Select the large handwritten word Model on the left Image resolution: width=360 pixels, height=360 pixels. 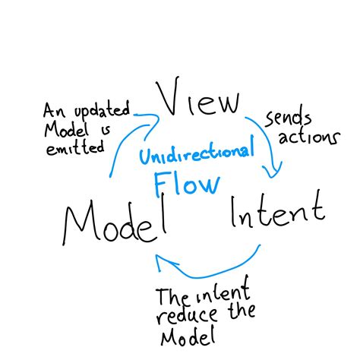(x=114, y=220)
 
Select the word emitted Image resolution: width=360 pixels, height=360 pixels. (x=75, y=149)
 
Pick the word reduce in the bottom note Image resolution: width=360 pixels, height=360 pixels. (x=185, y=313)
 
